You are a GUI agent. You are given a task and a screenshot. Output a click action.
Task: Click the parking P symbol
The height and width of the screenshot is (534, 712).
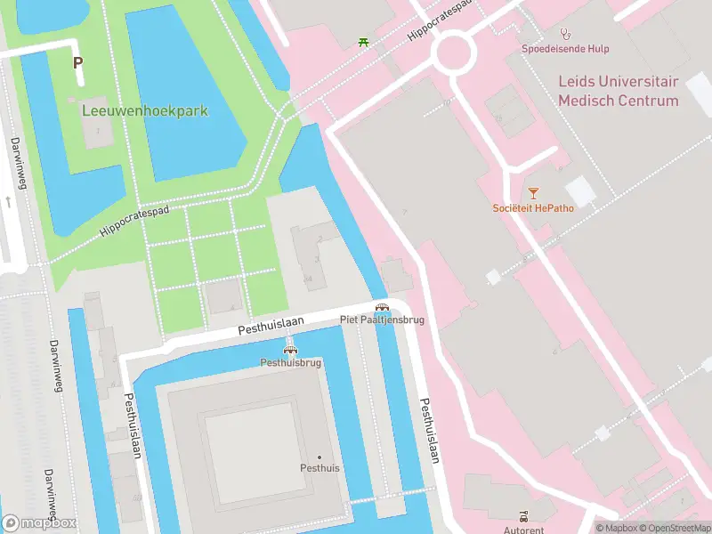[x=77, y=63]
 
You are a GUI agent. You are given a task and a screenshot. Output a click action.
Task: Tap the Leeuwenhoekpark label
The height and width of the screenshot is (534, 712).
[x=145, y=111]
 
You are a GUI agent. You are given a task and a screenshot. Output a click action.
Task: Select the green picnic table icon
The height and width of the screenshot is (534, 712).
[x=363, y=41]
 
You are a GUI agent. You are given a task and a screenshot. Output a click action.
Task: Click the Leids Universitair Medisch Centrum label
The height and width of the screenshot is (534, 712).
[x=618, y=91]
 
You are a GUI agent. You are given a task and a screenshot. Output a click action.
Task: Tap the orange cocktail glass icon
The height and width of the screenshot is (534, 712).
[x=533, y=192]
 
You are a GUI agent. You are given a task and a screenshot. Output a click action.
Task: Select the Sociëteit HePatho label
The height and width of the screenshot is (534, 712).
[x=533, y=208]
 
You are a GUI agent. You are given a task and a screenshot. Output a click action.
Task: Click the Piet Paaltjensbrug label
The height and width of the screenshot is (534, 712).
[x=382, y=319]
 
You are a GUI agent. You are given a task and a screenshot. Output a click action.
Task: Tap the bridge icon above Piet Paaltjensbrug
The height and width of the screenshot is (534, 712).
[x=382, y=306]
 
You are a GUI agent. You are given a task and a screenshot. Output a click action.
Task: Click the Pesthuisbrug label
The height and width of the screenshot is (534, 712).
[x=289, y=362]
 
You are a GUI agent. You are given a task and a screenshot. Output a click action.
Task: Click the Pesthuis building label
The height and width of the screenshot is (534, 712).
[x=320, y=467]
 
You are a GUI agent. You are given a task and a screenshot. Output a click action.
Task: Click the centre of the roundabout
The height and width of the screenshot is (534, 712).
[x=453, y=53]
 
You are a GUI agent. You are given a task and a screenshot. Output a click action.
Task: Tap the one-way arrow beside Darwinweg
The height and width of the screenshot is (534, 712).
[x=8, y=201]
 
